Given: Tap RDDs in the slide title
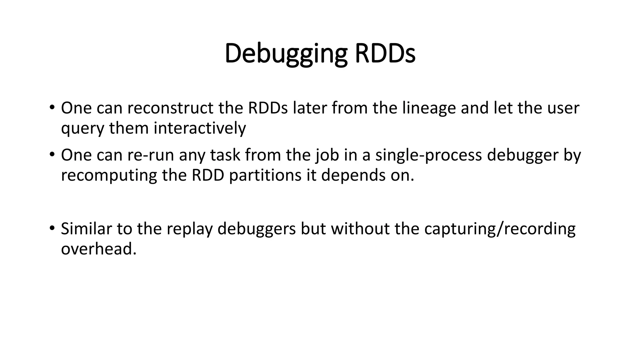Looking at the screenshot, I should (385, 53).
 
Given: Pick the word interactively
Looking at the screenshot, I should (199, 128).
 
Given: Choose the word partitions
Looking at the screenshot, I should (265, 175).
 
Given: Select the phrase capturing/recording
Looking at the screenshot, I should (500, 229).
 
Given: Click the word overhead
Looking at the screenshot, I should (99, 249).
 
